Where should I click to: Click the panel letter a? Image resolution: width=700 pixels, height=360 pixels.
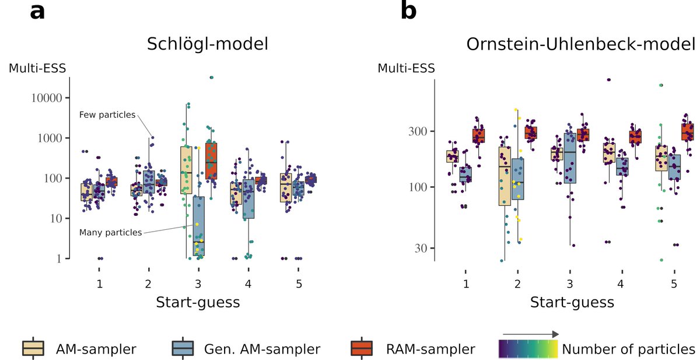pyautogui.click(x=37, y=12)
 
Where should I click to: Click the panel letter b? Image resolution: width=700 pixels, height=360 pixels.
pyautogui.click(x=408, y=12)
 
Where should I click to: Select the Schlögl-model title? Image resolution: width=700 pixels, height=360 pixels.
pyautogui.click(x=208, y=44)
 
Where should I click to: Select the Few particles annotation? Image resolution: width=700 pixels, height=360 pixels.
pyautogui.click(x=107, y=114)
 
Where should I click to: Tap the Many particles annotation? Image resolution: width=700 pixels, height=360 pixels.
pyautogui.click(x=110, y=232)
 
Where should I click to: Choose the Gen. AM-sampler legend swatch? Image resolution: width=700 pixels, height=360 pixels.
pyautogui.click(x=184, y=349)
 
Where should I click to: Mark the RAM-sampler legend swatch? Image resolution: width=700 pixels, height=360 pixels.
pyautogui.click(x=368, y=349)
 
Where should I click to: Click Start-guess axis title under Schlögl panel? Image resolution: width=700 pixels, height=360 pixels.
pyautogui.click(x=198, y=303)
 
